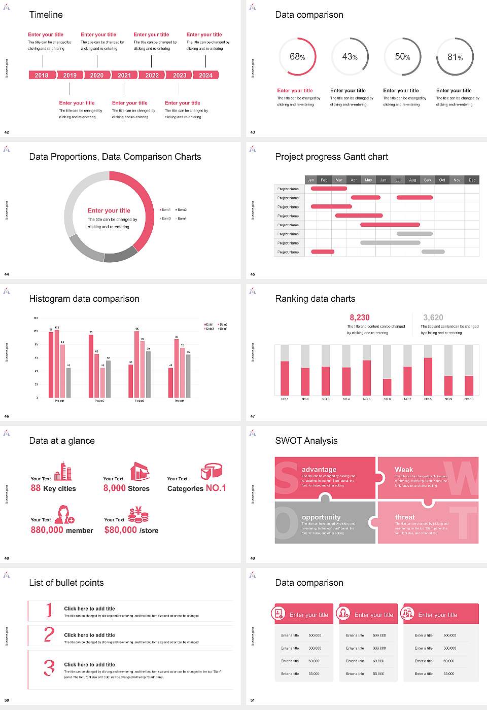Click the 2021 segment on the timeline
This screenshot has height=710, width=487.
click(x=124, y=75)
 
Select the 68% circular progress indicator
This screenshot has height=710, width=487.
click(x=298, y=57)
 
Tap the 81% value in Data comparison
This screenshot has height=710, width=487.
click(x=455, y=57)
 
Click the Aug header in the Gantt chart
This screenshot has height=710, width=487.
click(x=412, y=180)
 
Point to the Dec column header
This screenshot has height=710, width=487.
click(x=472, y=180)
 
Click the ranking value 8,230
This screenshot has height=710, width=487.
click(x=359, y=317)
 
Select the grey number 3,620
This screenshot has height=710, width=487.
click(x=433, y=317)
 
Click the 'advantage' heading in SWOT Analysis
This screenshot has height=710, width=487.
click(x=319, y=470)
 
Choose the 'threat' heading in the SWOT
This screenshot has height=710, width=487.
click(x=405, y=517)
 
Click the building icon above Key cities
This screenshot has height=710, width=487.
click(x=63, y=471)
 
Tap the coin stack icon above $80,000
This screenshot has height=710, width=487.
click(x=138, y=515)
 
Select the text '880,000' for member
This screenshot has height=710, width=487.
click(x=47, y=530)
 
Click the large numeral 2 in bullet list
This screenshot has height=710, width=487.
click(x=49, y=634)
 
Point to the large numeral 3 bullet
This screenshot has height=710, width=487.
click(x=49, y=667)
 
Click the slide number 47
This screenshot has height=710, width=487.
click(x=253, y=416)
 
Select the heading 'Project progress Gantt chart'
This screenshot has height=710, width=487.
click(x=331, y=157)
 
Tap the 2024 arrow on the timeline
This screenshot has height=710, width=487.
click(x=206, y=75)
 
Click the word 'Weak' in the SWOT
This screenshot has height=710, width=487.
click(x=404, y=470)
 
